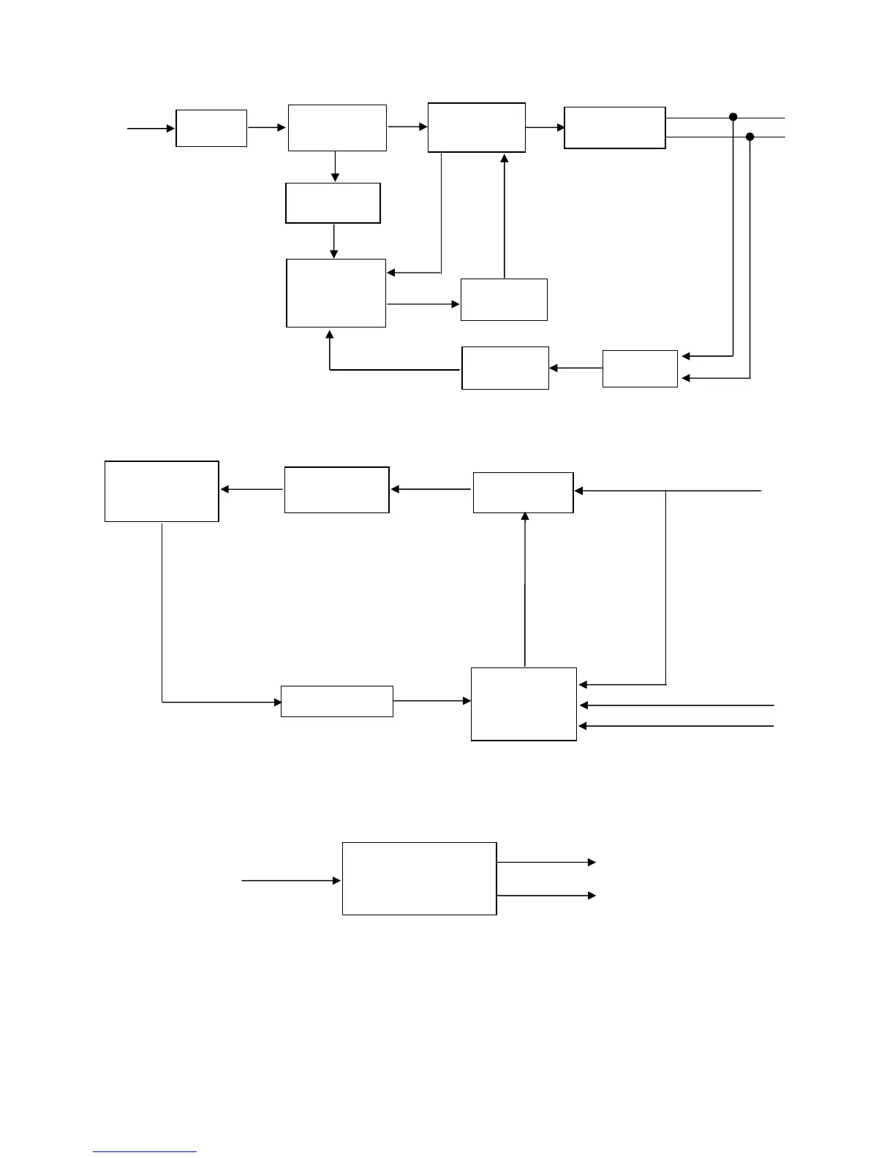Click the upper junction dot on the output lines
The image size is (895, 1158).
[x=733, y=117]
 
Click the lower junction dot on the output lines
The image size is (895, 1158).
[x=749, y=137]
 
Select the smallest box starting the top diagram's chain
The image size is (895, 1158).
[x=211, y=129]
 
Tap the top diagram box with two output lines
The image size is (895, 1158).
[x=614, y=128]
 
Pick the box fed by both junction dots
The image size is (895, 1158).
[x=640, y=368]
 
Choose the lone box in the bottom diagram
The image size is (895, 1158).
[x=419, y=878]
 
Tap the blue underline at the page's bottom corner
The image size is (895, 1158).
[x=145, y=1152]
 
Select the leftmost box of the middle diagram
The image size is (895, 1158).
[x=162, y=491]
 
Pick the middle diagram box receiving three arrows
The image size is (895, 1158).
[x=524, y=704]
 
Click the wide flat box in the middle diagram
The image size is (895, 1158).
[x=337, y=702]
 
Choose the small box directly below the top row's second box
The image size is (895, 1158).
[x=333, y=203]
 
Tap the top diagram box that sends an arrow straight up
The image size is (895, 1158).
[x=504, y=300]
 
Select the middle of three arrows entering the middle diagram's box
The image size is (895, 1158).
[x=676, y=705]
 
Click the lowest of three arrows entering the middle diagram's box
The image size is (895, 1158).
[x=676, y=726]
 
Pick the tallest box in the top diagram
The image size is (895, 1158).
[x=336, y=293]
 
